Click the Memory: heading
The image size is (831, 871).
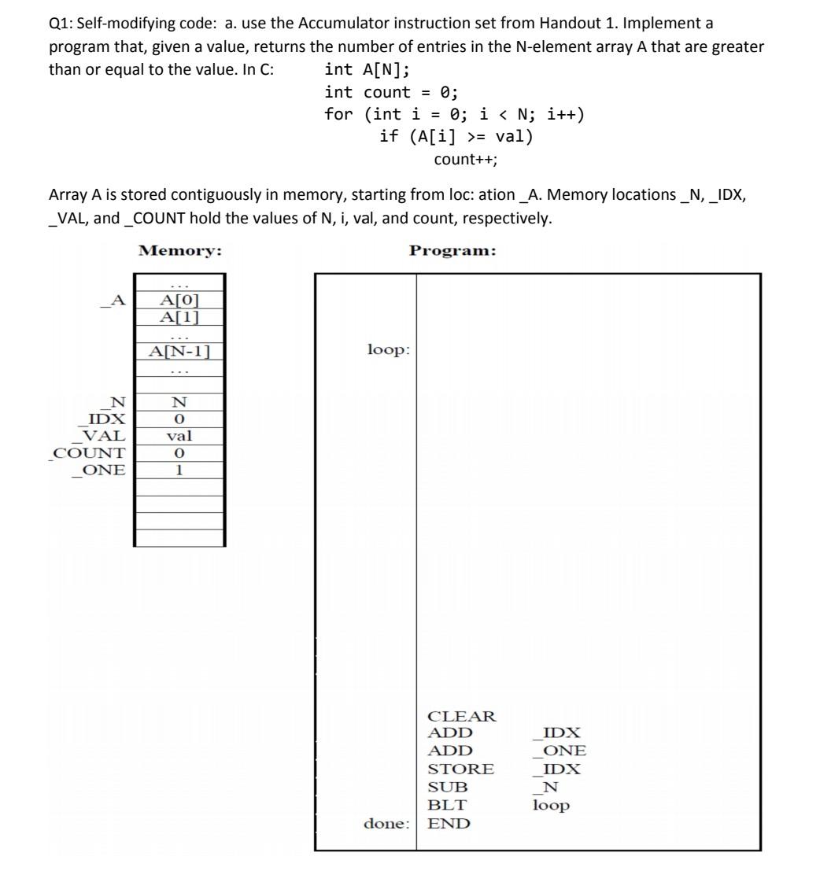coord(180,251)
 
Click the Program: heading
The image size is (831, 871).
coord(453,251)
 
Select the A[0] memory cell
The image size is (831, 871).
coord(180,300)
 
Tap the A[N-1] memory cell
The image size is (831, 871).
coord(180,352)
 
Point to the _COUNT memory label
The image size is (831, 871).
coord(87,453)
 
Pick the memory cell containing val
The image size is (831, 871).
coord(180,436)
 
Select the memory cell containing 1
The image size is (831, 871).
coord(180,471)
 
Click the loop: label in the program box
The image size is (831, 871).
coord(389,349)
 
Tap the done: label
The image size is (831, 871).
coord(386,824)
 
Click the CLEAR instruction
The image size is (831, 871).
coord(462,717)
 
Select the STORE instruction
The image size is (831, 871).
coord(460,769)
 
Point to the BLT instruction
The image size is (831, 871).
coord(447,805)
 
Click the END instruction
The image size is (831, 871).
coord(449,824)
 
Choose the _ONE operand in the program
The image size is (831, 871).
coord(560,751)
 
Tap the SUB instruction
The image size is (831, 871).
coord(448,787)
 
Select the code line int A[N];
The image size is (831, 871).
coord(367,69)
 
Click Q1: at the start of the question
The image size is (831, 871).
coord(60,24)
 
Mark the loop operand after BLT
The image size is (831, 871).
coord(551,805)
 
